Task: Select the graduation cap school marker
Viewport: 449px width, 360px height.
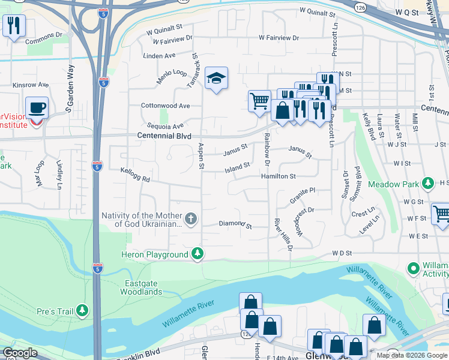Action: [x=216, y=78]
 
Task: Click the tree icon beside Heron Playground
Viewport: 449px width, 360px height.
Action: [x=197, y=254]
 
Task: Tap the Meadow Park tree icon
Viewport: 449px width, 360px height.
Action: [x=427, y=183]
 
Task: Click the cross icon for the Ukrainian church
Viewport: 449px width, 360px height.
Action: [x=191, y=219]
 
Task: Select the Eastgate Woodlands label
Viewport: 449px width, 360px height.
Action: [x=143, y=287]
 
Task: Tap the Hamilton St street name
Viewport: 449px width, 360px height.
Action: [x=278, y=176]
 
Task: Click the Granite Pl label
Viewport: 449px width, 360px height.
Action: [x=303, y=194]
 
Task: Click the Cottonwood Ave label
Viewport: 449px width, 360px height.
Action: [x=165, y=106]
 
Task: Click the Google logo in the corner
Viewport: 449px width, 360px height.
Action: [x=20, y=353]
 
